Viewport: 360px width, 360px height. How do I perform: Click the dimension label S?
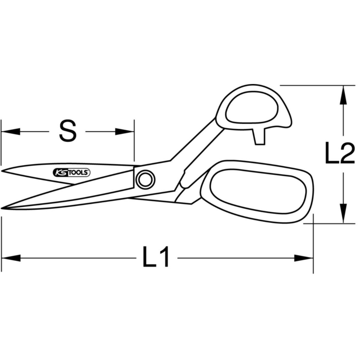coord(68,131)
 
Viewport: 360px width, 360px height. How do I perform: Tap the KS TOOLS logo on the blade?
coord(72,172)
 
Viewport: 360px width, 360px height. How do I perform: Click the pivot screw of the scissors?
coord(145,179)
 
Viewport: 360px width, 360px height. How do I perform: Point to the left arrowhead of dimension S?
coord(10,131)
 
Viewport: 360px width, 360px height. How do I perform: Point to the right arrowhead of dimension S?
coord(124,131)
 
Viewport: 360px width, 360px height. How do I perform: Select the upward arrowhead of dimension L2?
coord(343,95)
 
